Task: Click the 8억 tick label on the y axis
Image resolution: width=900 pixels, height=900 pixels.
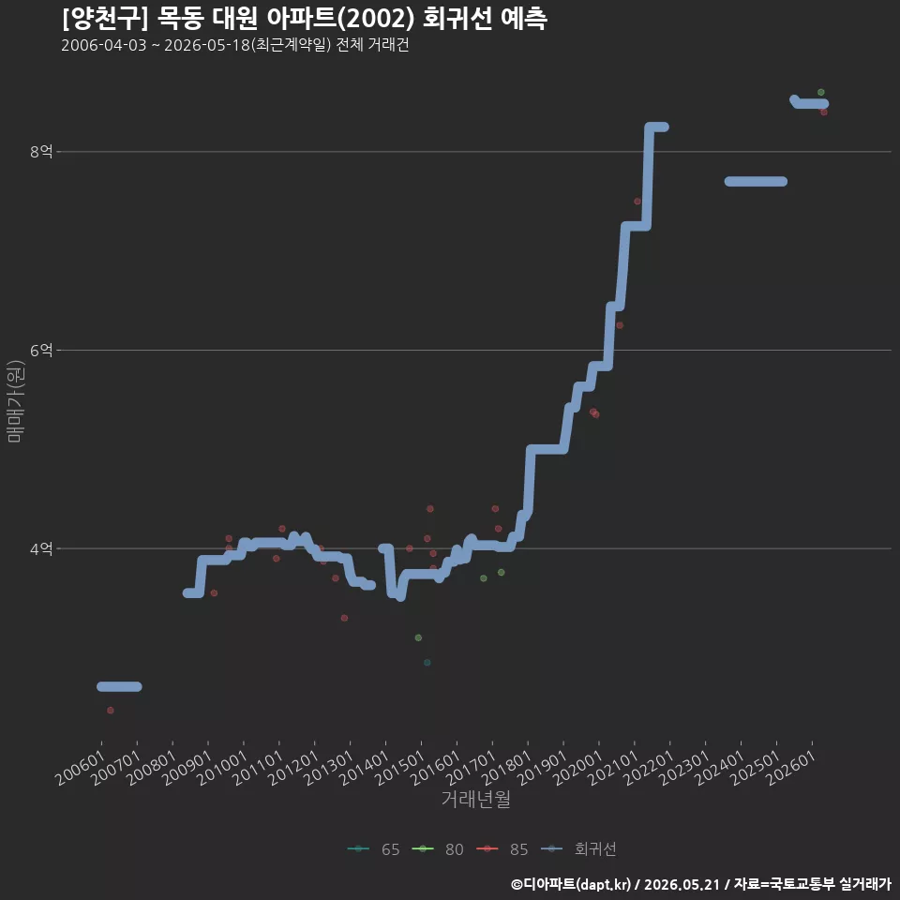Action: (41, 152)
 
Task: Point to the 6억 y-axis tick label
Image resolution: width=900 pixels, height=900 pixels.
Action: (41, 350)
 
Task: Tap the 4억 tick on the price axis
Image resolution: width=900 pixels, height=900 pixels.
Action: (41, 548)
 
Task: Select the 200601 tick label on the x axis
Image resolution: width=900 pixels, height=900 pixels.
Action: (81, 767)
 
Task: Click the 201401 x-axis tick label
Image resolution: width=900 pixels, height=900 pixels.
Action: (365, 767)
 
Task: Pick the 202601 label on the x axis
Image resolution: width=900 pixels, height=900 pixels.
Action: (791, 767)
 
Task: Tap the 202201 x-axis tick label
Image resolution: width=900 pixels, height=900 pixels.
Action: (649, 767)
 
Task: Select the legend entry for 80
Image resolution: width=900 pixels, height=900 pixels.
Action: (438, 849)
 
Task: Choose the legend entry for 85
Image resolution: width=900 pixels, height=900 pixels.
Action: (502, 849)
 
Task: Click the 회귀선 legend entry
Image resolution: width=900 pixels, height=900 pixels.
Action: (579, 849)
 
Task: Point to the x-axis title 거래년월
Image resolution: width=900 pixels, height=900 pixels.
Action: (476, 799)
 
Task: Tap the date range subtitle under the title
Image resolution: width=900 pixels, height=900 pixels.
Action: (234, 45)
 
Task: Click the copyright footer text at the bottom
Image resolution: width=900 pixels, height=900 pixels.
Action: (701, 884)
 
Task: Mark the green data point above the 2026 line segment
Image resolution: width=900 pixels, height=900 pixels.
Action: (821, 93)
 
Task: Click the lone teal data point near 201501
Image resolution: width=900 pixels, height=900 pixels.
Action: (427, 663)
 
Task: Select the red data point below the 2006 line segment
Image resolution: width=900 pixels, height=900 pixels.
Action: (111, 710)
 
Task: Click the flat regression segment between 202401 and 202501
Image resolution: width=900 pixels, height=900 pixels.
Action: (756, 181)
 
